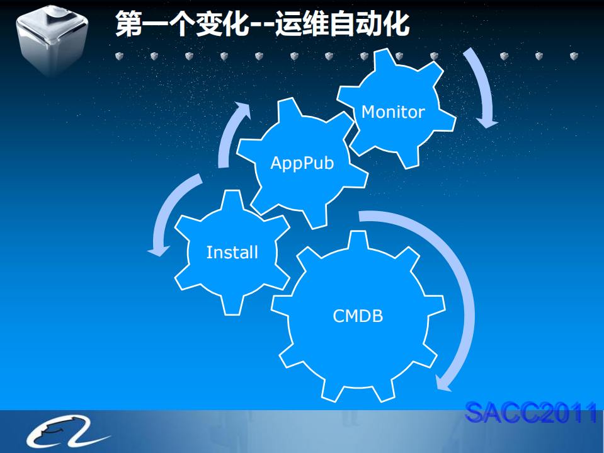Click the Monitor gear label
(393, 112)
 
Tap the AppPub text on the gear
(302, 163)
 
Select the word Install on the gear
(232, 252)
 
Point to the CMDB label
(358, 316)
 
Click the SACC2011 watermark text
(531, 413)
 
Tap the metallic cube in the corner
(52, 40)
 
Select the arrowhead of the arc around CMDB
(442, 383)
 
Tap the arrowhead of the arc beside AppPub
(242, 110)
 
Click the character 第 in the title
(129, 24)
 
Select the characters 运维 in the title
(302, 24)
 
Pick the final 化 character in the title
(396, 24)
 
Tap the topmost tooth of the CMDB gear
(358, 239)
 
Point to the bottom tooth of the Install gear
(232, 306)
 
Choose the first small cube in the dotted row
(120, 56)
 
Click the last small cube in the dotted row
(574, 56)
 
